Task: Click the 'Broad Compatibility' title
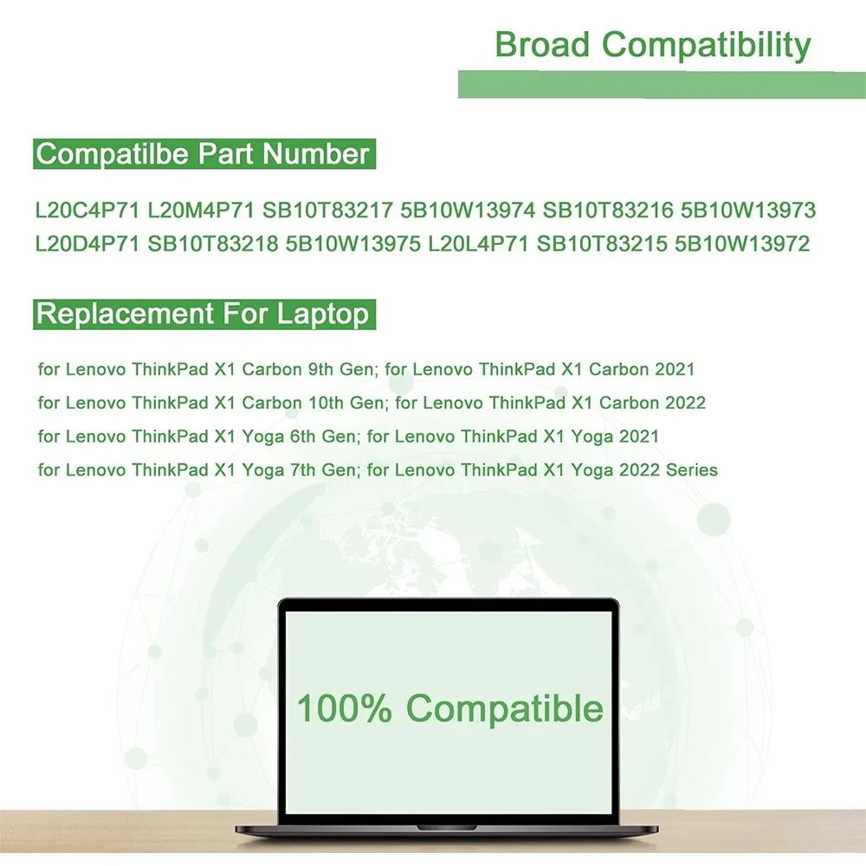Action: click(x=653, y=46)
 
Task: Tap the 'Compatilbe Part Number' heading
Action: click(x=204, y=154)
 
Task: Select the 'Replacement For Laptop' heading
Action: click(x=202, y=314)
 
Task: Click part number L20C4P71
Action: click(x=87, y=210)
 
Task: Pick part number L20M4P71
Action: click(x=201, y=210)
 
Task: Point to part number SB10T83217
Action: click(x=327, y=210)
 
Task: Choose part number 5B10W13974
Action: click(x=468, y=210)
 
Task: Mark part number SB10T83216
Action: click(x=608, y=210)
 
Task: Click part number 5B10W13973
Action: click(x=748, y=210)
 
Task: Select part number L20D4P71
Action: click(x=87, y=244)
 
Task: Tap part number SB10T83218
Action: click(x=213, y=244)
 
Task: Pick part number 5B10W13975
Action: click(x=353, y=244)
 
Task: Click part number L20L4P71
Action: click(x=479, y=244)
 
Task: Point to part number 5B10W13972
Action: click(x=742, y=244)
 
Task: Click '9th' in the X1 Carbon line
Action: click(x=320, y=369)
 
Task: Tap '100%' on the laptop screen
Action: click(x=345, y=708)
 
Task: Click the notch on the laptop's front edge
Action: click(x=446, y=828)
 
